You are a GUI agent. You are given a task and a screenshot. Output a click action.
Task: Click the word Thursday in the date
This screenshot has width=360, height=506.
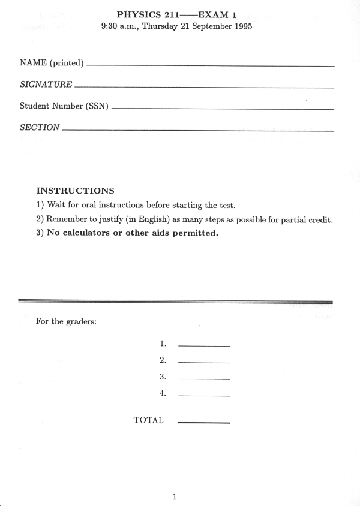click(x=161, y=26)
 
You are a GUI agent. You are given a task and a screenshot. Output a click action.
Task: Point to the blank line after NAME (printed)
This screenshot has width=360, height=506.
click(x=210, y=65)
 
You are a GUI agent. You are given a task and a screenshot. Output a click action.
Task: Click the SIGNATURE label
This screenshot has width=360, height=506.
click(x=46, y=85)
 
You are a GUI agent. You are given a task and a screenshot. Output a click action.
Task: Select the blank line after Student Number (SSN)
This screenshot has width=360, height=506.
click(x=222, y=109)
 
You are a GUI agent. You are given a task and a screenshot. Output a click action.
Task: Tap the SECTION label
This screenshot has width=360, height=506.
click(x=40, y=127)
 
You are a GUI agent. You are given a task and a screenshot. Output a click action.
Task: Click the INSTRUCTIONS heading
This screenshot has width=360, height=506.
click(x=75, y=191)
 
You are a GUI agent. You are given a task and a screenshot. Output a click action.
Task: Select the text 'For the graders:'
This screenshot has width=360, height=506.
click(x=67, y=321)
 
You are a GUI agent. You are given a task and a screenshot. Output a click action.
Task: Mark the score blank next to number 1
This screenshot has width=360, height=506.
click(x=204, y=345)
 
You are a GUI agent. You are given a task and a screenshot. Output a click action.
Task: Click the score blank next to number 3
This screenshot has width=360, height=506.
click(x=204, y=379)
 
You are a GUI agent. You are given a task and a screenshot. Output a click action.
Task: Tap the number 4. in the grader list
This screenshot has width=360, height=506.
click(x=163, y=393)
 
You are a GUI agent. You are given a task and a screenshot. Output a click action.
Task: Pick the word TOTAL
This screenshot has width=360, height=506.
click(x=148, y=420)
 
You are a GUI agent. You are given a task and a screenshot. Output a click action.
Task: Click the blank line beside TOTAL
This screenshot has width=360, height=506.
click(x=204, y=423)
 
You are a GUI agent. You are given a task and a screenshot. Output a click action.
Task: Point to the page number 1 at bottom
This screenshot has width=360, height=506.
click(x=174, y=496)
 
